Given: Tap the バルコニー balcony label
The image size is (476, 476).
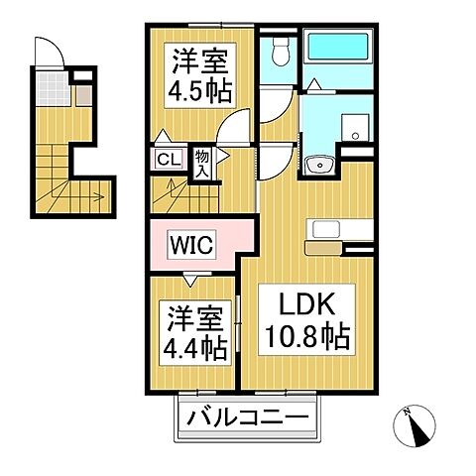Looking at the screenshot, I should [250, 418].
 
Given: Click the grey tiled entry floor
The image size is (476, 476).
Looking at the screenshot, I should [55, 95].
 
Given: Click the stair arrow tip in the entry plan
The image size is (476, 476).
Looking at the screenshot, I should [102, 196].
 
